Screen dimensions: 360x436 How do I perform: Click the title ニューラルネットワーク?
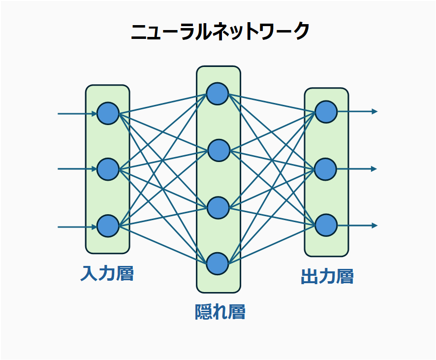(220, 32)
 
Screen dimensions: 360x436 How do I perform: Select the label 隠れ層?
(220, 312)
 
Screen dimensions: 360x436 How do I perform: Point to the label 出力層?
(327, 276)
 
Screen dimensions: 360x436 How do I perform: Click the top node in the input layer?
(108, 114)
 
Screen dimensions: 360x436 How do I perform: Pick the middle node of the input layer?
(108, 169)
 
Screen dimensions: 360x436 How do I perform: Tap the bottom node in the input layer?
(108, 226)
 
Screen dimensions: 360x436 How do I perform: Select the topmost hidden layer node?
(218, 94)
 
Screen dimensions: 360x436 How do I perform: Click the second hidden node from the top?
(218, 151)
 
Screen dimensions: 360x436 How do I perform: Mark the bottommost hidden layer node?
(218, 263)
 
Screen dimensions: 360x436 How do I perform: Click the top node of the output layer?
(326, 112)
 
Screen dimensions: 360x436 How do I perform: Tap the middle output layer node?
(326, 169)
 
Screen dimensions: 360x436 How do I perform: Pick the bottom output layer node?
(326, 225)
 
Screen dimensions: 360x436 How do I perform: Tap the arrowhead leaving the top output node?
(374, 111)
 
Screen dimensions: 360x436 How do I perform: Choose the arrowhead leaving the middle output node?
(374, 169)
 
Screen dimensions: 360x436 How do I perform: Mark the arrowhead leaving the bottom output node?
(374, 225)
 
